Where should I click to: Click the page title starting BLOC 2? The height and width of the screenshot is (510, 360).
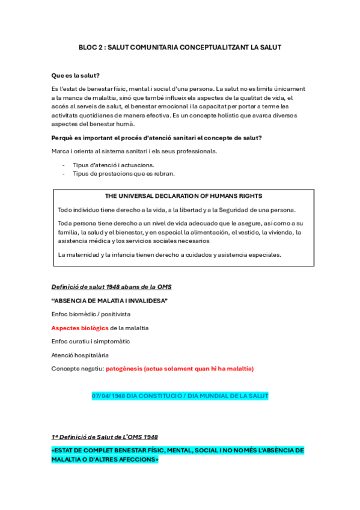coord(180,47)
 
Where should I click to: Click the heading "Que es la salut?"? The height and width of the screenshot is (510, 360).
coord(76,76)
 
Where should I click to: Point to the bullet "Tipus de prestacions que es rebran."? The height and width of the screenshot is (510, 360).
coord(124,174)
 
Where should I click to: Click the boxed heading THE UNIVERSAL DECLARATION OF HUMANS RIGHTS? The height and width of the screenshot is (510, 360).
coord(183,196)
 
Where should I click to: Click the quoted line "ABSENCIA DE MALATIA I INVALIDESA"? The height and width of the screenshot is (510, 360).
coord(109,300)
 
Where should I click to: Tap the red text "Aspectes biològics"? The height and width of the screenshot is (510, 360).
coord(80,328)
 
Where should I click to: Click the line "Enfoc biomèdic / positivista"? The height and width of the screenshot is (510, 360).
coord(91,314)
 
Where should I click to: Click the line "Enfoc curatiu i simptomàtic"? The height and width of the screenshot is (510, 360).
coord(90,341)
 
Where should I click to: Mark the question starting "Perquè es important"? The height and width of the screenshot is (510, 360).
coord(156,138)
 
